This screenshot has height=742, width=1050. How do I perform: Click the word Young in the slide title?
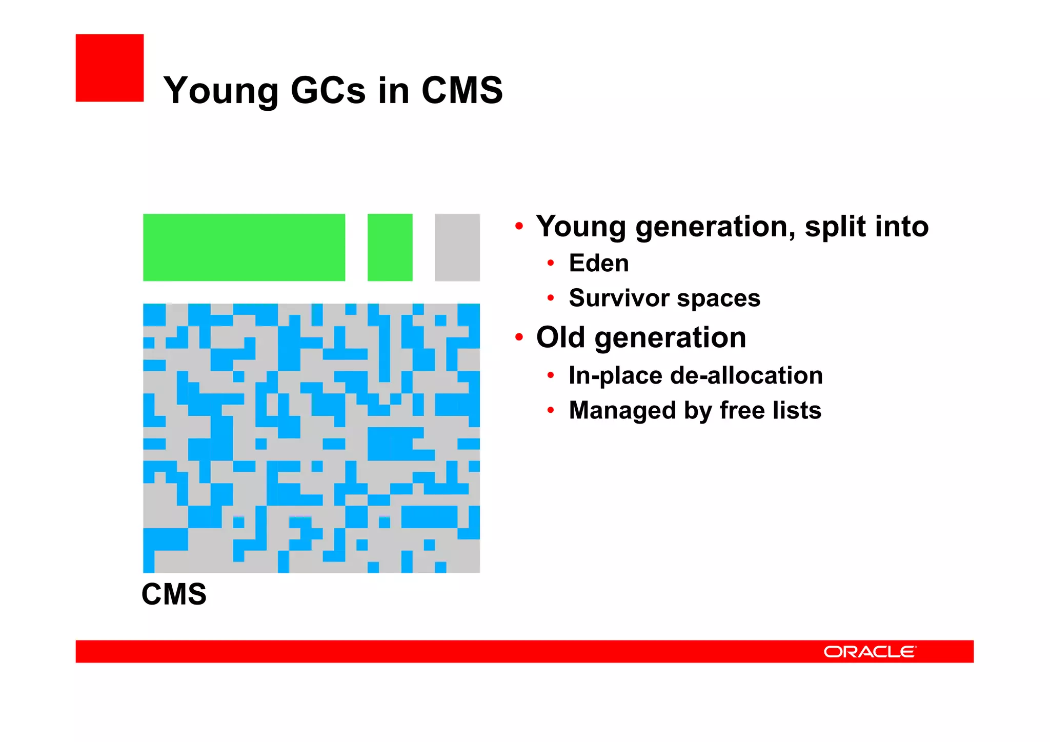(x=221, y=91)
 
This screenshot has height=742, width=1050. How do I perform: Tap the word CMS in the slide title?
(x=462, y=90)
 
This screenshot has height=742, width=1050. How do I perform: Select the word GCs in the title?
(x=329, y=90)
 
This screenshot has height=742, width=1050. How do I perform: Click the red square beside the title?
(x=110, y=68)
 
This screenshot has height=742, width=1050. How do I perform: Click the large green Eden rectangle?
(x=244, y=247)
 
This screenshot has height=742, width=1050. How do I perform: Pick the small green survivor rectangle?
(x=390, y=247)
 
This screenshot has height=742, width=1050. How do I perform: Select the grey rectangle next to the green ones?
(x=457, y=247)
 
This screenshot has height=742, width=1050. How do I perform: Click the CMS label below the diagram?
(x=174, y=594)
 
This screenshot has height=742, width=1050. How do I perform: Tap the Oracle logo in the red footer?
(x=870, y=651)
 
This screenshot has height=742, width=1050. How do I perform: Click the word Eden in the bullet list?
(x=599, y=263)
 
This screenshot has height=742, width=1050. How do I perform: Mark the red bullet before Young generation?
(x=519, y=226)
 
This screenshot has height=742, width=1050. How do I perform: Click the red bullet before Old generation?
(x=519, y=337)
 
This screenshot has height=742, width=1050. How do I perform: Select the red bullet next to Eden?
(x=551, y=263)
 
